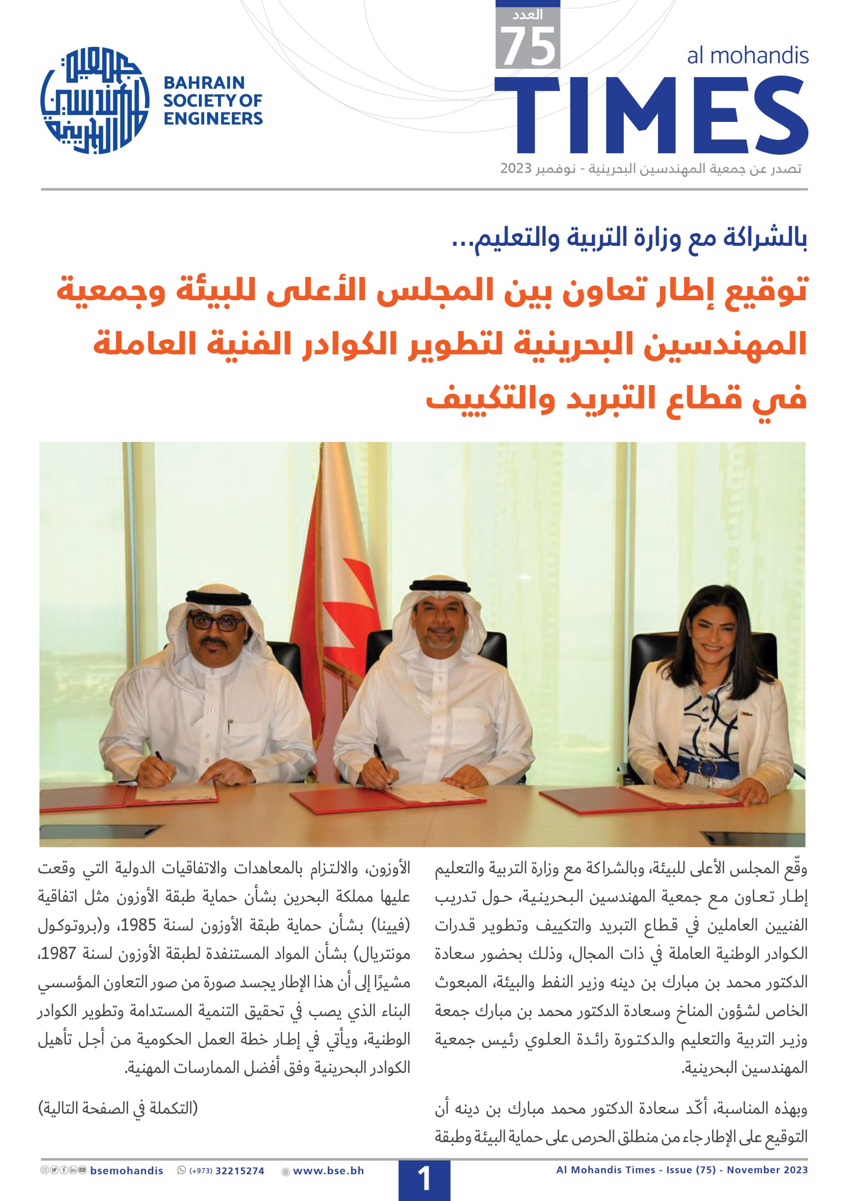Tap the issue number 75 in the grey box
527,46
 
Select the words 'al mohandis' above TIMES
748,55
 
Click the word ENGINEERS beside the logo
213,118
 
